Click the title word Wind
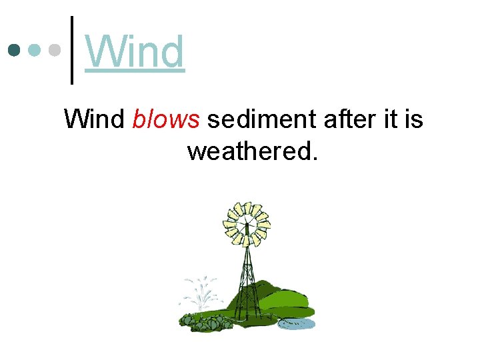pos(135,52)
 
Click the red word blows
pos(166,119)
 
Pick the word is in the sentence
pos(413,119)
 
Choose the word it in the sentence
pos(389,119)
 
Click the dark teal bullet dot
pos(14,50)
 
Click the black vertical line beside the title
pos(72,50)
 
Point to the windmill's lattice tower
pos(247,273)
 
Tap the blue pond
pos(296,323)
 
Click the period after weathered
pos(314,158)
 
